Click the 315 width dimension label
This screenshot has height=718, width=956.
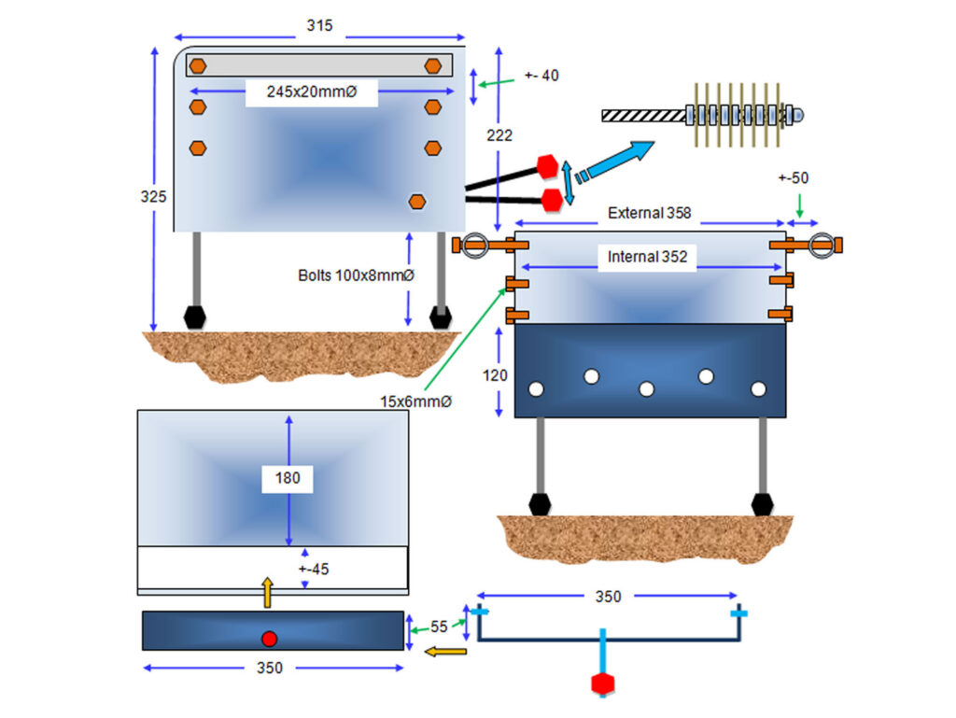tap(319, 25)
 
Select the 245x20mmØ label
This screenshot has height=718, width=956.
tap(312, 92)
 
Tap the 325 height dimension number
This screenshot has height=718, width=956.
tap(153, 197)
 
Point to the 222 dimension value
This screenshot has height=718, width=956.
tap(499, 135)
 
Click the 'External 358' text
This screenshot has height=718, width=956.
tap(650, 213)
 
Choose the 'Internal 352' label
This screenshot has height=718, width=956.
tap(647, 257)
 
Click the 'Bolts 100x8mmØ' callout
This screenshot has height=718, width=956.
tap(356, 275)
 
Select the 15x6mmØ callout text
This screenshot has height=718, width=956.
tap(415, 401)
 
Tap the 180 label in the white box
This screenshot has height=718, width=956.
tap(288, 478)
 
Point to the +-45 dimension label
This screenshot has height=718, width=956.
tap(314, 570)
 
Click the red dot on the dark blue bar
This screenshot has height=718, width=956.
tap(270, 639)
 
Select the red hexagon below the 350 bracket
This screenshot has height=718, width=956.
tap(602, 683)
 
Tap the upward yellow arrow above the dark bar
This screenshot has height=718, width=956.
tap(267, 593)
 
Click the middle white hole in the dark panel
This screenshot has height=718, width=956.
tap(646, 388)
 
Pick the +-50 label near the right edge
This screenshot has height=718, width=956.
tap(794, 178)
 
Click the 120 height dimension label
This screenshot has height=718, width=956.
tap(495, 375)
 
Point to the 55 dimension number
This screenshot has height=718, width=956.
tap(439, 626)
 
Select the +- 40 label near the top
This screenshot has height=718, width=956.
tap(541, 76)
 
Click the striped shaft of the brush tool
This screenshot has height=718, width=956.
tap(644, 116)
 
